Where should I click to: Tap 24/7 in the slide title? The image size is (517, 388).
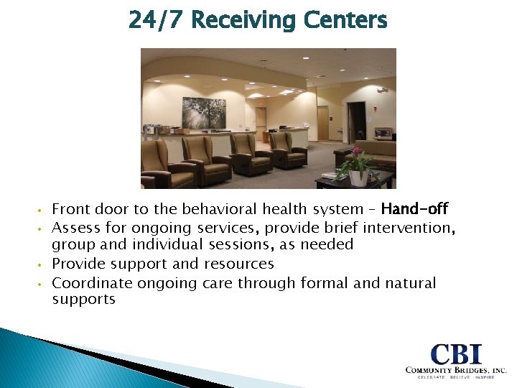(157, 20)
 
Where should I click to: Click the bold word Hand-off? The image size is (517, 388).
(414, 209)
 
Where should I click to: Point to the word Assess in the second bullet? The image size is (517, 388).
(75, 228)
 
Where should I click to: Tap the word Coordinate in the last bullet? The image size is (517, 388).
(92, 282)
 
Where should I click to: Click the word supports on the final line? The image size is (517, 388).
(83, 299)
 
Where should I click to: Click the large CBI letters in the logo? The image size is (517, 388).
(457, 354)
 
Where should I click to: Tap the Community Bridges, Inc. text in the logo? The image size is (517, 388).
(455, 370)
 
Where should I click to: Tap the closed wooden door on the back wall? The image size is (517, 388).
(322, 122)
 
